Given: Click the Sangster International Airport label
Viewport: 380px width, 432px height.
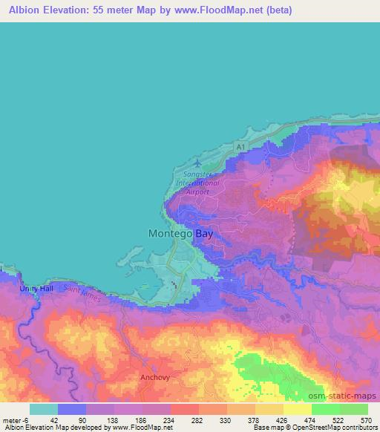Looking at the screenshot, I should pyautogui.click(x=197, y=182).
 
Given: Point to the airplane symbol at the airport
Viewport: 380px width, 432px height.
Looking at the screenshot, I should pyautogui.click(x=197, y=161).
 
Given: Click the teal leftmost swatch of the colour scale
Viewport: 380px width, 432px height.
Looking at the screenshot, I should pyautogui.click(x=44, y=408).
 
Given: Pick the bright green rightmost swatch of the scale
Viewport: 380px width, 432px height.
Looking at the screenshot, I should pyautogui.click(x=353, y=408).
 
